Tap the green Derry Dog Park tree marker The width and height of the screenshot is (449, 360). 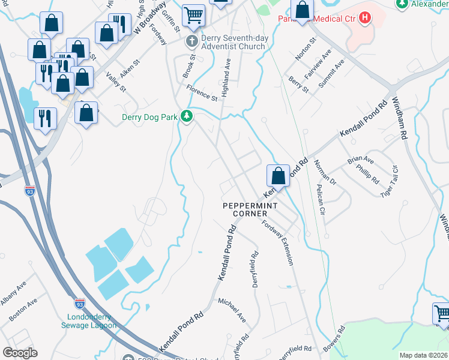(x=187, y=116)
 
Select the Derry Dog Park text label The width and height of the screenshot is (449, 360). (x=150, y=117)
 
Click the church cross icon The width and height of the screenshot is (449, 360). (x=191, y=41)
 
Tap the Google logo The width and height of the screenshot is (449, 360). (x=20, y=353)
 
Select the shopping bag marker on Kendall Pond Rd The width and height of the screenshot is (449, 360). (x=278, y=176)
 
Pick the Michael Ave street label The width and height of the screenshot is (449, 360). (x=232, y=308)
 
